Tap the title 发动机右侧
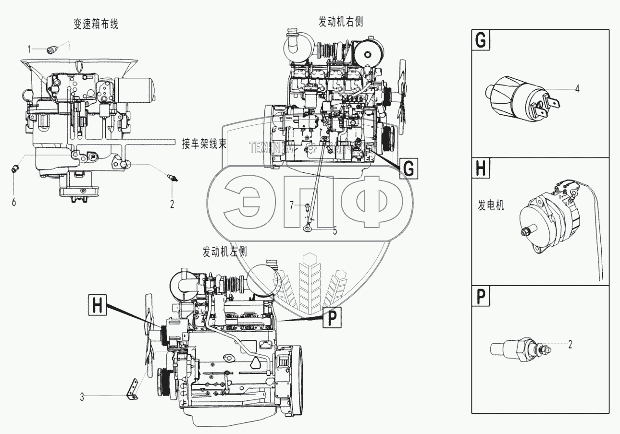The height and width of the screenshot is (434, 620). point(341,22)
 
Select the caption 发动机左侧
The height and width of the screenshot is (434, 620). point(225,251)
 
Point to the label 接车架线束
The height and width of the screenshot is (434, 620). point(204,144)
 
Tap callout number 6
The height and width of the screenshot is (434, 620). point(14,202)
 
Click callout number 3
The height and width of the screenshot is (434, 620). point(82,397)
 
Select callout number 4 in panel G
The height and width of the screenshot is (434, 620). point(578,89)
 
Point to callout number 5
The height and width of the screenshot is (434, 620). point(335,230)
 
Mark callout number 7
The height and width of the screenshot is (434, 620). point(291,206)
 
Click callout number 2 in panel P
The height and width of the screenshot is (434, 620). point(570,344)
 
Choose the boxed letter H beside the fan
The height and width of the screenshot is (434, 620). point(98,306)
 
